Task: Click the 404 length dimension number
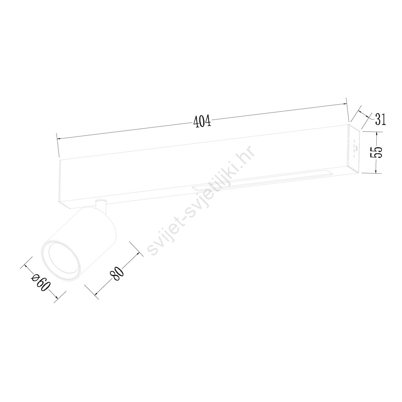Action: coord(202,121)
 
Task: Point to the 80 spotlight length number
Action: coord(117,274)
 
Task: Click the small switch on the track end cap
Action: coord(355,149)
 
